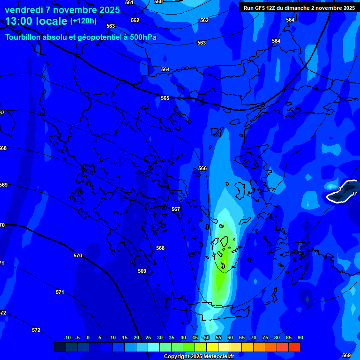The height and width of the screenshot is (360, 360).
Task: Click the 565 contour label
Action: [165, 98]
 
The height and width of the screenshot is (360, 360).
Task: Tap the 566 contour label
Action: [202, 168]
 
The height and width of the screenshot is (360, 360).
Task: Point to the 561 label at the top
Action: [129, 3]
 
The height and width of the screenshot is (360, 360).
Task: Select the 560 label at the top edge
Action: [158, 2]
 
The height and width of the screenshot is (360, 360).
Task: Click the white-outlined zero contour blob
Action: [342, 192]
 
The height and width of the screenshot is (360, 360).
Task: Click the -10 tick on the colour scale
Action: [67, 337]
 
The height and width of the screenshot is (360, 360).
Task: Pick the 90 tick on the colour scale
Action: [300, 337]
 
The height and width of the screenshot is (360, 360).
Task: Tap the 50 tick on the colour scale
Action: [207, 337]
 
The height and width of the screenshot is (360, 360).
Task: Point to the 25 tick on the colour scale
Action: [148, 337]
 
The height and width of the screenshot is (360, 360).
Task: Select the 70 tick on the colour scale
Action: [254, 337]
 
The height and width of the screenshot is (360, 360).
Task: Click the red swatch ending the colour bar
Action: [294, 347]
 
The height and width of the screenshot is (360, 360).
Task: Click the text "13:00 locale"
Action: [36, 21]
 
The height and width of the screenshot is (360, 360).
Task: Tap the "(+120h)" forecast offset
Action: [83, 21]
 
